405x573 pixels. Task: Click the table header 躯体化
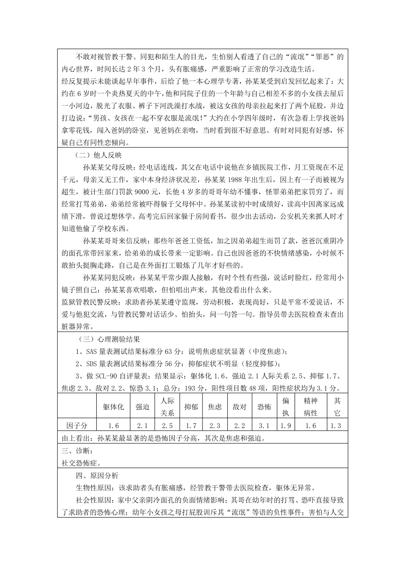click(x=113, y=407)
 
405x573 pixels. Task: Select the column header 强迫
click(x=142, y=407)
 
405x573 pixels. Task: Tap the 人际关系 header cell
click(x=167, y=407)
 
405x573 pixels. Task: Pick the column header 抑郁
click(x=191, y=407)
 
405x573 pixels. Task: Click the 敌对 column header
click(x=240, y=407)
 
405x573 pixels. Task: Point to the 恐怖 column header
click(x=264, y=407)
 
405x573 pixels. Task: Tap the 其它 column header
click(x=337, y=407)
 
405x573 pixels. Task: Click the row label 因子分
click(x=77, y=425)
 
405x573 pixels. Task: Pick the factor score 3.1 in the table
click(x=264, y=425)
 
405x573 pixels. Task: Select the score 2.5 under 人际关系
click(x=167, y=425)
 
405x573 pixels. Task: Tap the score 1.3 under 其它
click(x=337, y=425)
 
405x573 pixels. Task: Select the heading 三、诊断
click(x=77, y=451)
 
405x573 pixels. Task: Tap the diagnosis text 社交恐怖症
click(x=81, y=463)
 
